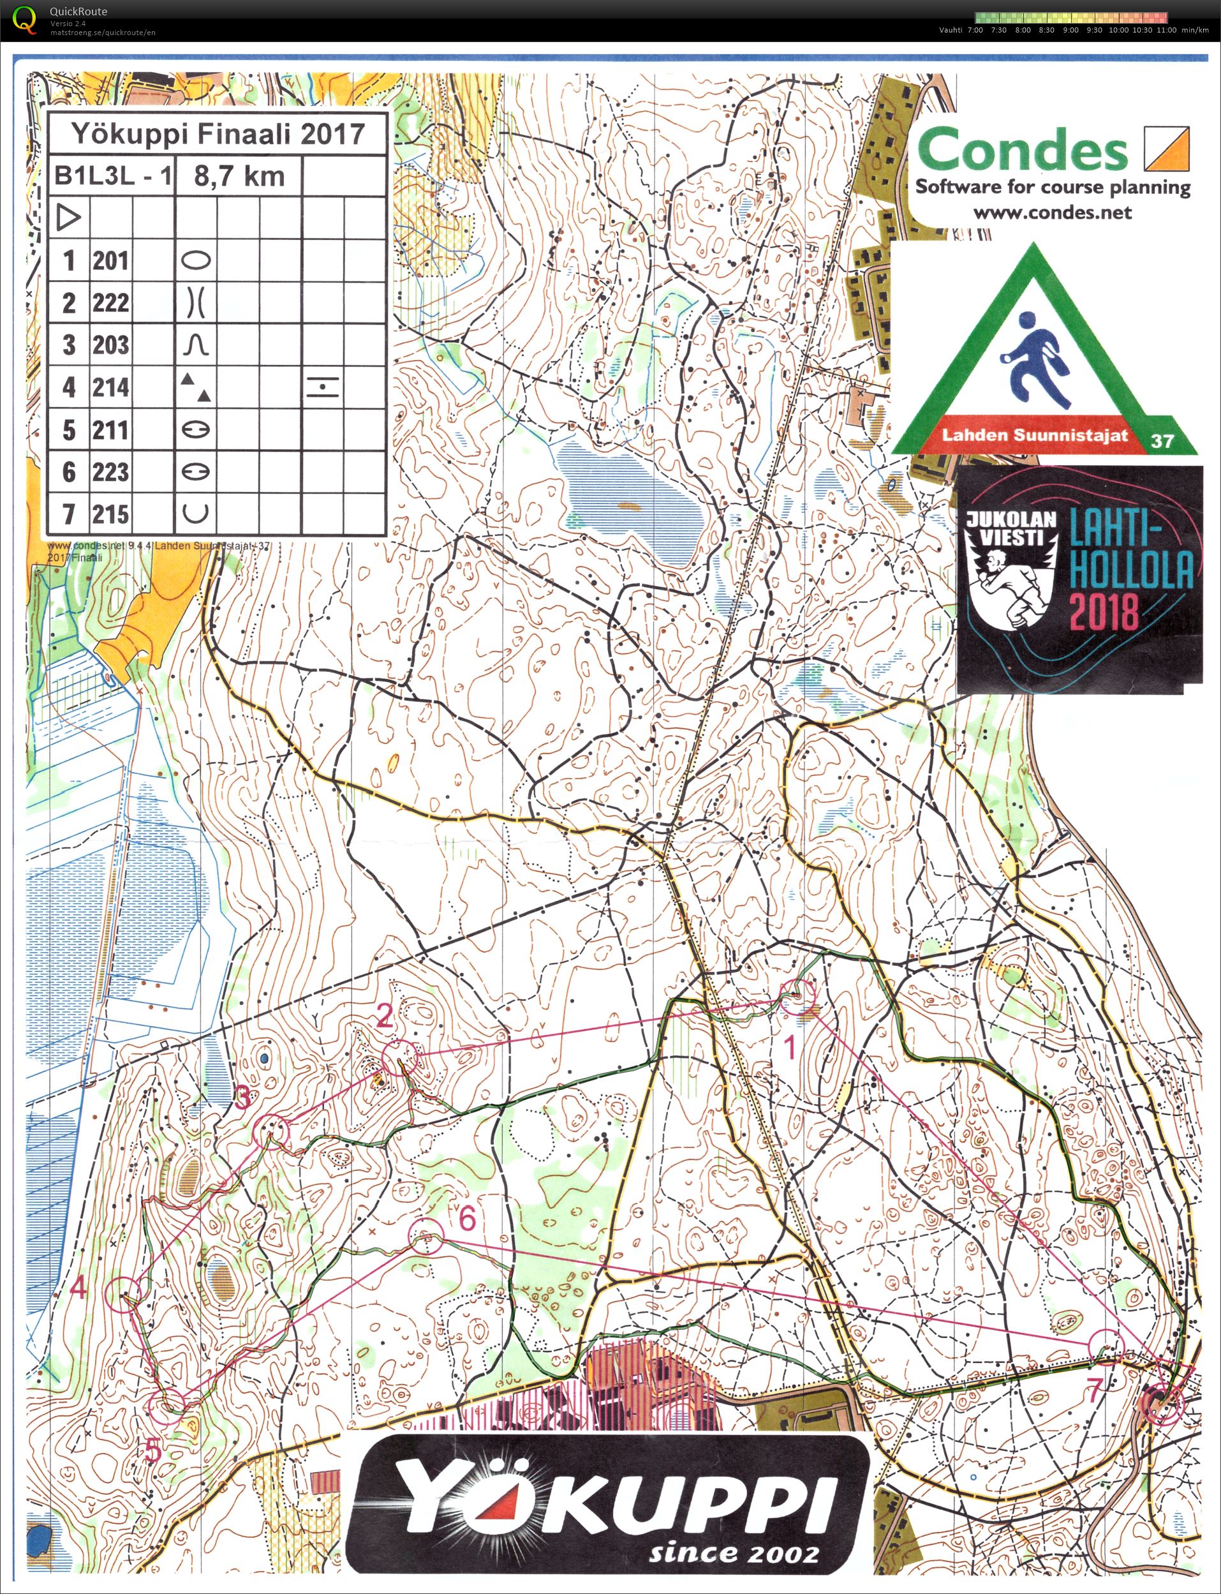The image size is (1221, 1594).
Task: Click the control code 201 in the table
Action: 110,260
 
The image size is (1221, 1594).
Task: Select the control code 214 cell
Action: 110,387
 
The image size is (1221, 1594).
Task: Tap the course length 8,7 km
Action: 239,177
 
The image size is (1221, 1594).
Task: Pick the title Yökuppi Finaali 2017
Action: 218,134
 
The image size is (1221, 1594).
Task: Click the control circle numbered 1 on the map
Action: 797,997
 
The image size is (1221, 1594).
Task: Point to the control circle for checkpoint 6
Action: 426,1237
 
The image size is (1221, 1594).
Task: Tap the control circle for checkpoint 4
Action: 123,1295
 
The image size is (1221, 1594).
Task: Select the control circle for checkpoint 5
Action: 166,1406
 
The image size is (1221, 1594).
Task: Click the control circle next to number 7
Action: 1107,1347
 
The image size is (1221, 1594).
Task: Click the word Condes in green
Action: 1023,149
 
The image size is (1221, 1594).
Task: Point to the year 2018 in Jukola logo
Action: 1102,611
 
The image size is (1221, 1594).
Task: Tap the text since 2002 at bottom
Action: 734,1553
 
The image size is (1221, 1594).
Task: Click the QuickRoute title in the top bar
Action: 78,11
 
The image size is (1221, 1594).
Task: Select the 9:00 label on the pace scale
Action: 1070,31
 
